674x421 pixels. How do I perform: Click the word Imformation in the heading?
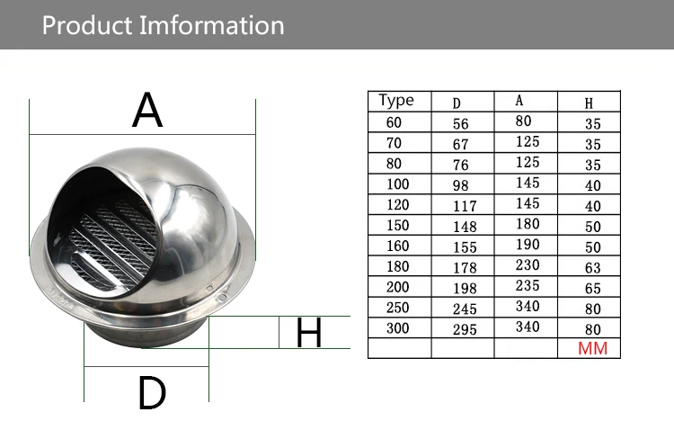[x=211, y=25]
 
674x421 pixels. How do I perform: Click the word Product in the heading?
[x=87, y=25]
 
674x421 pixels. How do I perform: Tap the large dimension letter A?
[x=147, y=110]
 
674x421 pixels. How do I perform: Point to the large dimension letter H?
[x=308, y=332]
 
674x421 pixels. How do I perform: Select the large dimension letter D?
[x=152, y=392]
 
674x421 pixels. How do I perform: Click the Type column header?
[x=396, y=101]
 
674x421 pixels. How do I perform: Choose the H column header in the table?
[x=589, y=103]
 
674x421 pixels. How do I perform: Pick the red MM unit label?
[x=592, y=348]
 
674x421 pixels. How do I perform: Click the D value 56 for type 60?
[x=460, y=124]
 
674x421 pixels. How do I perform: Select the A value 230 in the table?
[x=528, y=264]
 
